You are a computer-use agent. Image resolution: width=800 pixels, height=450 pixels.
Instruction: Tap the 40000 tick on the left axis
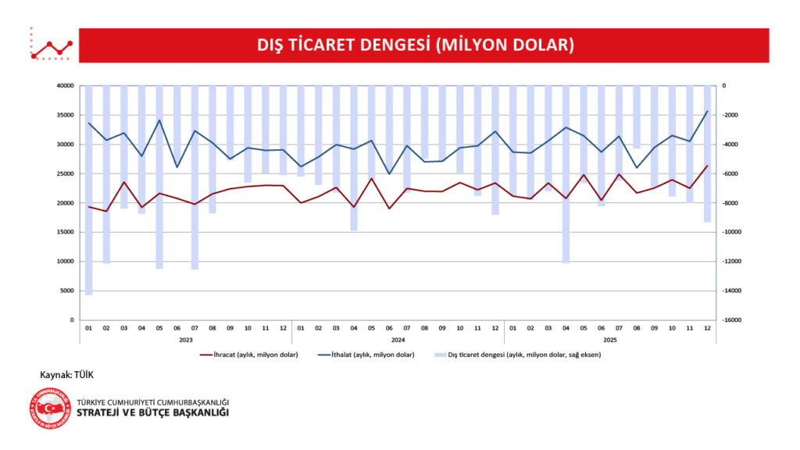point(65,86)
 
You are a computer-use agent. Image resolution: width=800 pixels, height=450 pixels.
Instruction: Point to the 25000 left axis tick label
point(65,173)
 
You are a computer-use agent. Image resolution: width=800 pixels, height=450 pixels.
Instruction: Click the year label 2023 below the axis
point(186,341)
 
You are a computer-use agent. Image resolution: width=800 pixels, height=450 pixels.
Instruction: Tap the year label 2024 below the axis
point(398,341)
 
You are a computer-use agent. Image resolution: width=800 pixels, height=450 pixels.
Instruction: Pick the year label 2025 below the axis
point(610,341)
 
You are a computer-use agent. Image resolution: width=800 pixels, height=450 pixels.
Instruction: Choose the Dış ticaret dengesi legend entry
point(520,355)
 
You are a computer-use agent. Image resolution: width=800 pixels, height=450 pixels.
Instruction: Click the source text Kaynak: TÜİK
point(66,375)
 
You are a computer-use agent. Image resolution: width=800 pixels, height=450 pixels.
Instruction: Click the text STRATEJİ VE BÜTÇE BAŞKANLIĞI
point(153,412)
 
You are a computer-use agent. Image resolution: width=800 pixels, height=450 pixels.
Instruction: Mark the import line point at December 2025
point(707,111)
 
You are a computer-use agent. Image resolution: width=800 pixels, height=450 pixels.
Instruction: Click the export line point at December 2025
point(707,166)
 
